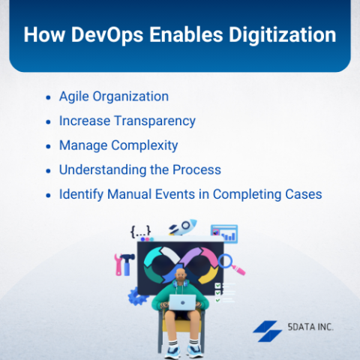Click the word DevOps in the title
(x=107, y=35)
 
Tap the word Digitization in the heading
(x=283, y=34)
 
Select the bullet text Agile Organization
(x=114, y=97)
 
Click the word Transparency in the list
(x=155, y=121)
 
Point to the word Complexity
(x=145, y=145)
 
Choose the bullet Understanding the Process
(x=140, y=169)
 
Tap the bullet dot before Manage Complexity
(x=49, y=146)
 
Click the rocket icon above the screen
(x=183, y=227)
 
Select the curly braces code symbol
(x=141, y=231)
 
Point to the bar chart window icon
(x=224, y=234)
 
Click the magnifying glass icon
(x=231, y=264)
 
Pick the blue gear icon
(x=136, y=296)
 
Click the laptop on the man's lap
(x=182, y=302)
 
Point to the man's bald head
(x=181, y=273)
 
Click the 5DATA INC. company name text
(x=310, y=327)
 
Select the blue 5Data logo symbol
(x=267, y=331)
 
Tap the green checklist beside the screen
(x=225, y=292)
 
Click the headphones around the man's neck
(x=181, y=283)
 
